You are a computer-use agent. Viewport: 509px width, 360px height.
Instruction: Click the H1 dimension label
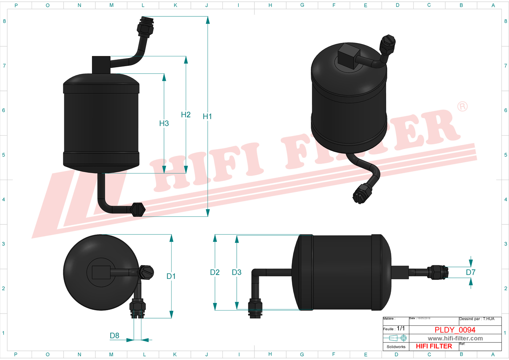click(x=207, y=116)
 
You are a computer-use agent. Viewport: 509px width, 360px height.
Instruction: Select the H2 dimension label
click(x=186, y=115)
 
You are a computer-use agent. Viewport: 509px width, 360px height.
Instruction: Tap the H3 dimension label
click(x=164, y=123)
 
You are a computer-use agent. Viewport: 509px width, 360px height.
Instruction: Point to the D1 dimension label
click(x=171, y=276)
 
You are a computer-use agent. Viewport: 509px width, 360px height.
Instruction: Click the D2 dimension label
click(x=215, y=272)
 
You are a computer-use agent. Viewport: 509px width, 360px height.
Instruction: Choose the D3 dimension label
click(x=237, y=272)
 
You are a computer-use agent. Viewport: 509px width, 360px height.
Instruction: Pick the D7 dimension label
click(x=470, y=272)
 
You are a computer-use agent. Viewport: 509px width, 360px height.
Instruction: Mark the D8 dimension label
click(x=115, y=336)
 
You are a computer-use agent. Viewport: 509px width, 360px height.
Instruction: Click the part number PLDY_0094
click(x=455, y=330)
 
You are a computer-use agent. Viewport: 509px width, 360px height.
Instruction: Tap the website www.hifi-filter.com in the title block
click(x=455, y=338)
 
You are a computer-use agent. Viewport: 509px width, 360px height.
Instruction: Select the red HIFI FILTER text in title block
click(x=434, y=346)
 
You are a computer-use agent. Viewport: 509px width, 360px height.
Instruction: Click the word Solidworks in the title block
click(x=396, y=347)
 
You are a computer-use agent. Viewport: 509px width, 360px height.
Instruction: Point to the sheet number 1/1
click(x=401, y=328)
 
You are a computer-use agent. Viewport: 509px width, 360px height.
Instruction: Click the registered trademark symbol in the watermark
click(x=462, y=107)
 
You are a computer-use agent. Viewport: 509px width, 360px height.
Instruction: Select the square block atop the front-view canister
click(x=101, y=65)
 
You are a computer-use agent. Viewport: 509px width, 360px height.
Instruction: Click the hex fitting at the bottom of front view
click(x=138, y=210)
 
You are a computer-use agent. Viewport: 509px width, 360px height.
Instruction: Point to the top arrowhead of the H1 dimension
click(x=208, y=20)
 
